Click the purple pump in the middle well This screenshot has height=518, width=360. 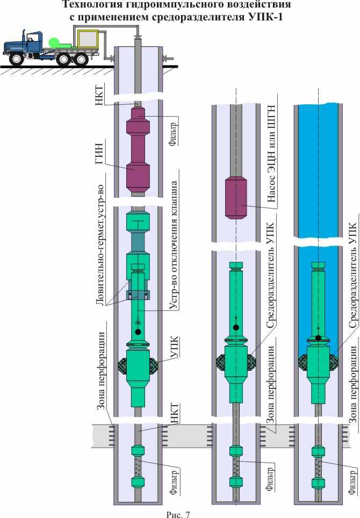(x=236, y=198)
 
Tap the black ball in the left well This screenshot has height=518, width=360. (x=138, y=332)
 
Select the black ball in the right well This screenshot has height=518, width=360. (x=318, y=337)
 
